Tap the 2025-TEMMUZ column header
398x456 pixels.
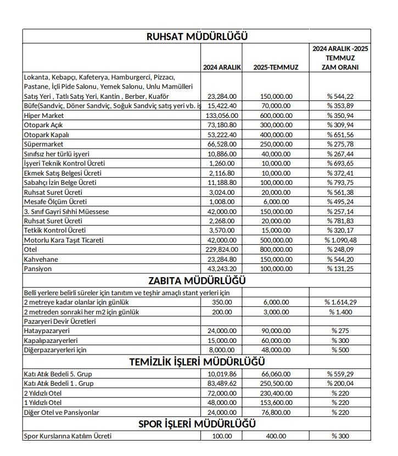pyautogui.click(x=276, y=67)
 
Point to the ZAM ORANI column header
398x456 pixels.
pyautogui.click(x=340, y=58)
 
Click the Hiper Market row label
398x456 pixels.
pyautogui.click(x=44, y=116)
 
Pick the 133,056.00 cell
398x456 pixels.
pyautogui.click(x=222, y=116)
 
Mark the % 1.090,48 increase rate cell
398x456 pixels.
pyautogui.click(x=340, y=240)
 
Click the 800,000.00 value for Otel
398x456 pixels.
pyautogui.click(x=276, y=250)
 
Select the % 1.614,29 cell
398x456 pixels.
pyautogui.click(x=340, y=302)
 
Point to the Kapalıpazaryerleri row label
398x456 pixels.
pyautogui.click(x=48, y=340)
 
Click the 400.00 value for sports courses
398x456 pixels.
pyautogui.click(x=276, y=436)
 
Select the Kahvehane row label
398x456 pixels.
pyautogui.click(x=41, y=259)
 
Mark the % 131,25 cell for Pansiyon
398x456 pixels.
pyautogui.click(x=340, y=268)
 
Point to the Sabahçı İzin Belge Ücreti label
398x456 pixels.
pyautogui.click(x=60, y=182)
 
